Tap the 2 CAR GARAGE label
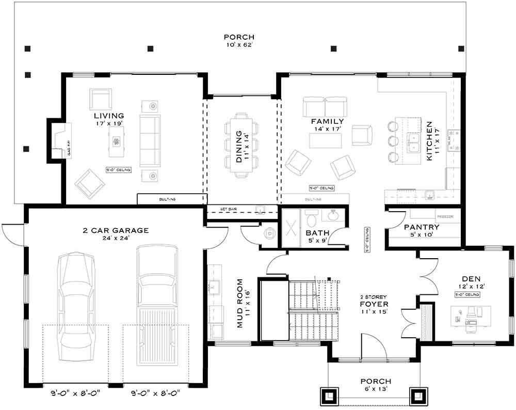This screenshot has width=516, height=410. (116, 230)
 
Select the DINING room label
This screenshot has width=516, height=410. (239, 147)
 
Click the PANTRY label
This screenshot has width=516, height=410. (422, 227)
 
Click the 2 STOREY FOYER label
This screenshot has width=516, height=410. (374, 304)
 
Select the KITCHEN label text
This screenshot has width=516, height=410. (429, 141)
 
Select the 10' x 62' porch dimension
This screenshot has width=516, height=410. (239, 45)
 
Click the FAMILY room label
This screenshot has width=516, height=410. (327, 121)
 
